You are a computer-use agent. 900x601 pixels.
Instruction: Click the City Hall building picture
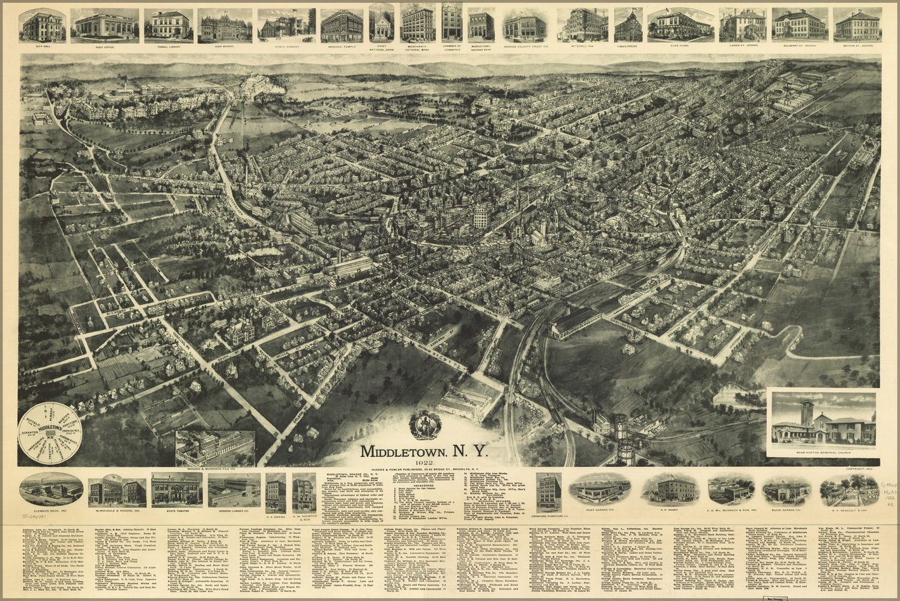pyautogui.click(x=44, y=24)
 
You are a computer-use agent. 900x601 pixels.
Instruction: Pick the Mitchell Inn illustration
pyautogui.click(x=582, y=24)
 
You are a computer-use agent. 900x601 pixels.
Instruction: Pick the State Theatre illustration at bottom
pyautogui.click(x=177, y=489)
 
